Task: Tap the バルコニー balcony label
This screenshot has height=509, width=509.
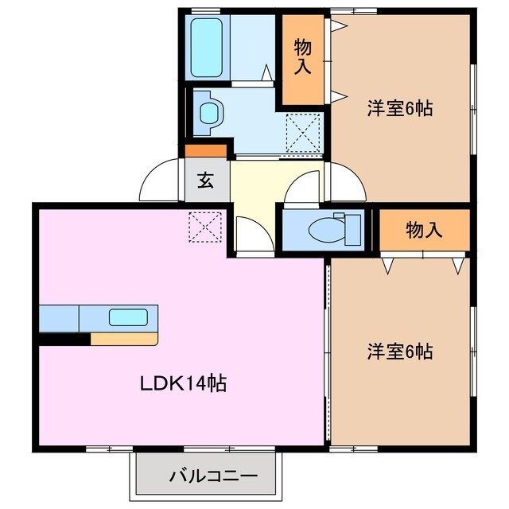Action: coord(212,478)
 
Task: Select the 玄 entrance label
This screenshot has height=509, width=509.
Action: coord(205,181)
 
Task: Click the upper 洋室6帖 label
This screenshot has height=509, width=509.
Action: coord(399,109)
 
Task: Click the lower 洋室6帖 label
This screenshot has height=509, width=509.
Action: coord(399,350)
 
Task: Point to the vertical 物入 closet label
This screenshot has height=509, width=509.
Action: coord(302,57)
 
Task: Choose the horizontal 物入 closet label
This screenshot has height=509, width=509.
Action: coord(423,230)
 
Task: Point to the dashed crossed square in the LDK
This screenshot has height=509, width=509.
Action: coord(205,227)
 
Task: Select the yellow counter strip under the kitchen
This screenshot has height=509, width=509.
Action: coord(124,340)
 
